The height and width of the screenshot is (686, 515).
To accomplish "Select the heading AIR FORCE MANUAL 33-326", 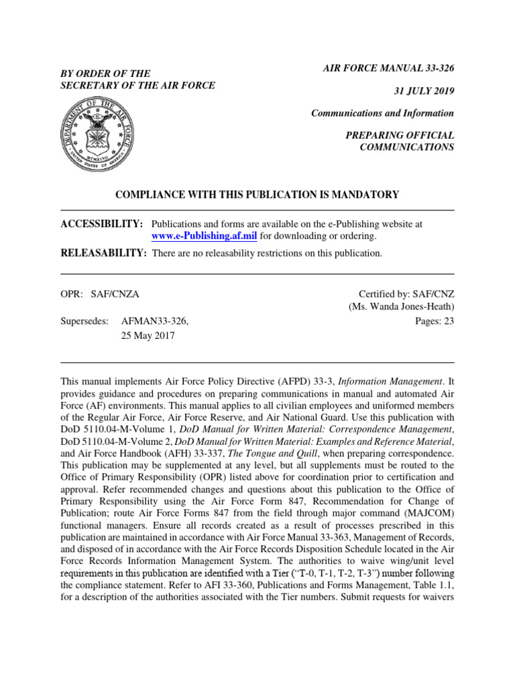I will [x=389, y=68].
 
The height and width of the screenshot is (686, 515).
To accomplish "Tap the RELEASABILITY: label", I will [x=103, y=253].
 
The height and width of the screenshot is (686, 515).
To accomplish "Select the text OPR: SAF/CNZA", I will [x=100, y=294].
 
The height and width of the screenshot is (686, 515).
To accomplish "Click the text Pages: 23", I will [x=435, y=321].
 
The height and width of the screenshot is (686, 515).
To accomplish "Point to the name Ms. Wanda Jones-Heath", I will [x=401, y=307].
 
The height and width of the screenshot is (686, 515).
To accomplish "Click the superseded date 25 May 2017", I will [x=147, y=336].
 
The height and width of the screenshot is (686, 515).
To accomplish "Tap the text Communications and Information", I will [x=382, y=113].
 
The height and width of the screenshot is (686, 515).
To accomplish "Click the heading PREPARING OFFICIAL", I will [x=400, y=135].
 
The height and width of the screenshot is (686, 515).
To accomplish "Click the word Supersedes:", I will [x=84, y=322].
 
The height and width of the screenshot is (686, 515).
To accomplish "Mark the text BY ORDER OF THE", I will [x=105, y=73].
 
